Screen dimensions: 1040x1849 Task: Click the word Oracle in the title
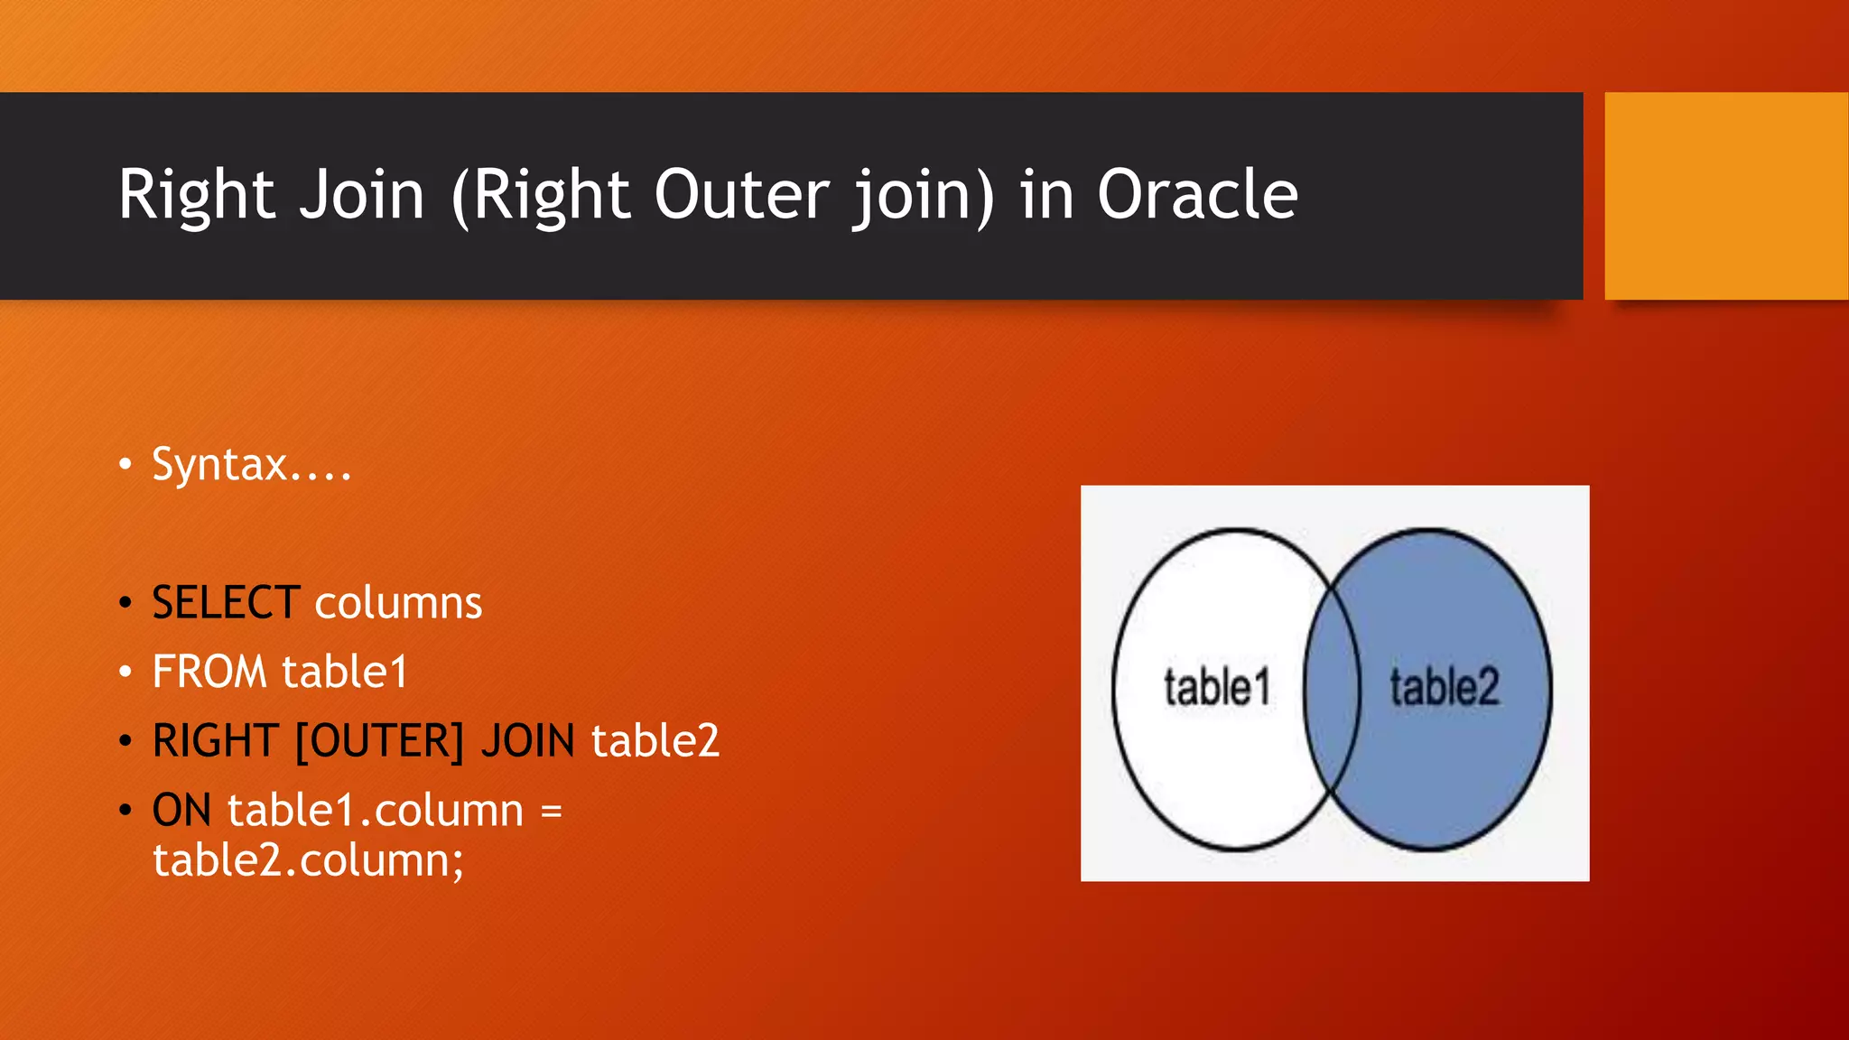[1197, 195]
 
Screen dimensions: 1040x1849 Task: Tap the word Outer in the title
[740, 195]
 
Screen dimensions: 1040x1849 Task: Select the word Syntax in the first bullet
[219, 466]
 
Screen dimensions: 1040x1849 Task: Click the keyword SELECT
[226, 603]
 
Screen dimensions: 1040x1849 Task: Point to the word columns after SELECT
[398, 603]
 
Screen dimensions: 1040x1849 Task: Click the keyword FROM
[209, 673]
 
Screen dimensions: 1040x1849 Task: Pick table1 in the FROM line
[344, 673]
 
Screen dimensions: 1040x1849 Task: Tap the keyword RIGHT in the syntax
[214, 742]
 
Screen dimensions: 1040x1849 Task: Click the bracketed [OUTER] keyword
[379, 742]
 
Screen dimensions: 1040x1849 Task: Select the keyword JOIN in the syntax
[528, 742]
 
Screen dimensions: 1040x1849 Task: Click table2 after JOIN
[655, 742]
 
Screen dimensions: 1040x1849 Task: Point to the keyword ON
[181, 811]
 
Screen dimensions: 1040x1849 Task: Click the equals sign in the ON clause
[552, 811]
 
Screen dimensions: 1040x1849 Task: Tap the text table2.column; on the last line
[308, 860]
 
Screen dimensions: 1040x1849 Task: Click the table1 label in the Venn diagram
[1216, 688]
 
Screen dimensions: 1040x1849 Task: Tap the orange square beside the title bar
[1726, 196]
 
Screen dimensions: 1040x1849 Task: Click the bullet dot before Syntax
[125, 466]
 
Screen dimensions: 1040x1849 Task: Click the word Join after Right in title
[362, 195]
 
